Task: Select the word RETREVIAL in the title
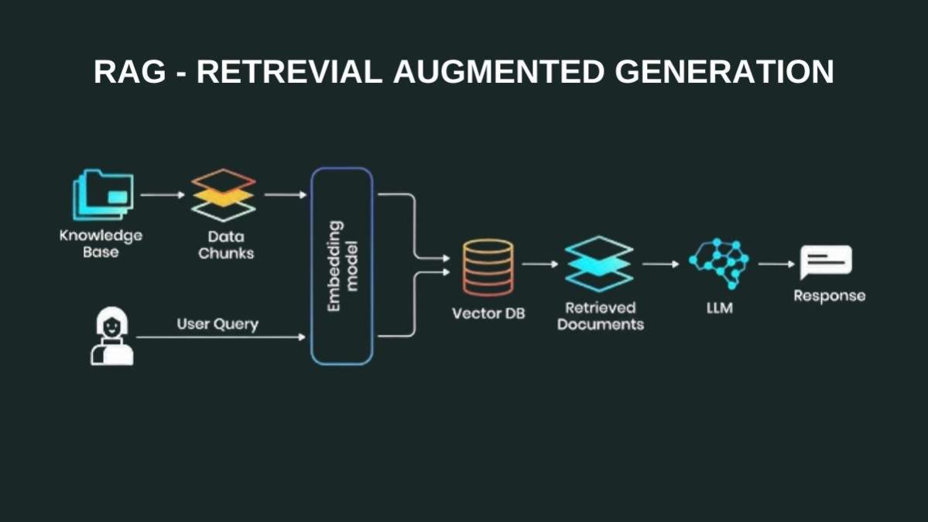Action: [289, 72]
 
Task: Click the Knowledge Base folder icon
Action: [104, 195]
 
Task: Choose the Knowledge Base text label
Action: [101, 243]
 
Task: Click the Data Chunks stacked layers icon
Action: [223, 195]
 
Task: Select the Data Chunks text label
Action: [225, 245]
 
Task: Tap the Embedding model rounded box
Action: [342, 266]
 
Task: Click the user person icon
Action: [111, 336]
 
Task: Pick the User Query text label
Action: [217, 324]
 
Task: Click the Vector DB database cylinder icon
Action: [488, 267]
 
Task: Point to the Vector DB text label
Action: [488, 314]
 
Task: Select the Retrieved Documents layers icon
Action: [599, 264]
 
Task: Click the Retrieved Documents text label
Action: [600, 316]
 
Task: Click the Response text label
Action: [829, 296]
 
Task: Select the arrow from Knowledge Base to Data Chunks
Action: [163, 195]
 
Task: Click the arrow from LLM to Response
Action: [776, 264]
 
